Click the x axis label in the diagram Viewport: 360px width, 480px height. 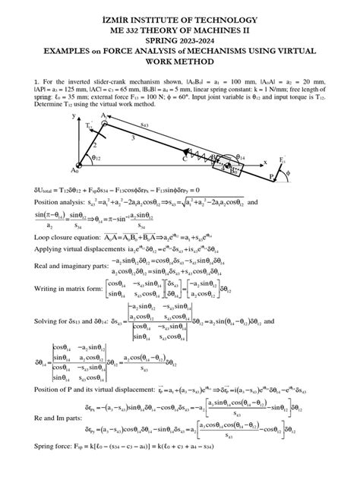tap(266, 162)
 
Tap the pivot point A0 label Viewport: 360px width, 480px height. tap(74, 170)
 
